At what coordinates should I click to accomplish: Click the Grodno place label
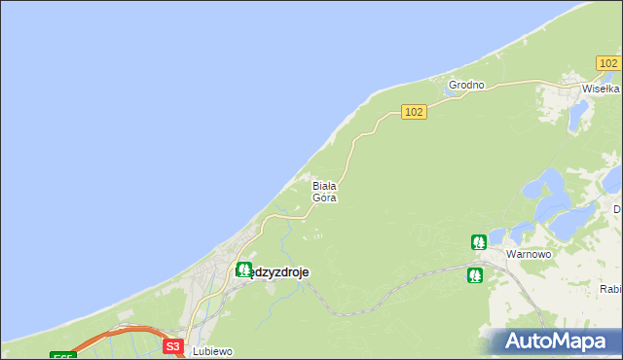pyautogui.click(x=466, y=85)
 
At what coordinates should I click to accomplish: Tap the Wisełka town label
pyautogui.click(x=600, y=88)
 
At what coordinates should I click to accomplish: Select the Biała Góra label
pyautogui.click(x=324, y=191)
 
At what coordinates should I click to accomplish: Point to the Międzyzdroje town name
pyautogui.click(x=273, y=272)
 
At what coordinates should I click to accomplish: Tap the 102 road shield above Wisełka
pyautogui.click(x=608, y=63)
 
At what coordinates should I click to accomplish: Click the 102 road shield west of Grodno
pyautogui.click(x=414, y=112)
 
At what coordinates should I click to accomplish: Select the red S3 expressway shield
pyautogui.click(x=172, y=345)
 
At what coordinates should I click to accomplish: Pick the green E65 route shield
pyautogui.click(x=61, y=355)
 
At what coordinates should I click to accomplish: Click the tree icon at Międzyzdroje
pyautogui.click(x=243, y=270)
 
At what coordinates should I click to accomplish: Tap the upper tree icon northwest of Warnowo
pyautogui.click(x=478, y=241)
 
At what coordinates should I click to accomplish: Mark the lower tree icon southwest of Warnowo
pyautogui.click(x=474, y=275)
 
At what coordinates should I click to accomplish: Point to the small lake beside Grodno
pyautogui.click(x=455, y=93)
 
